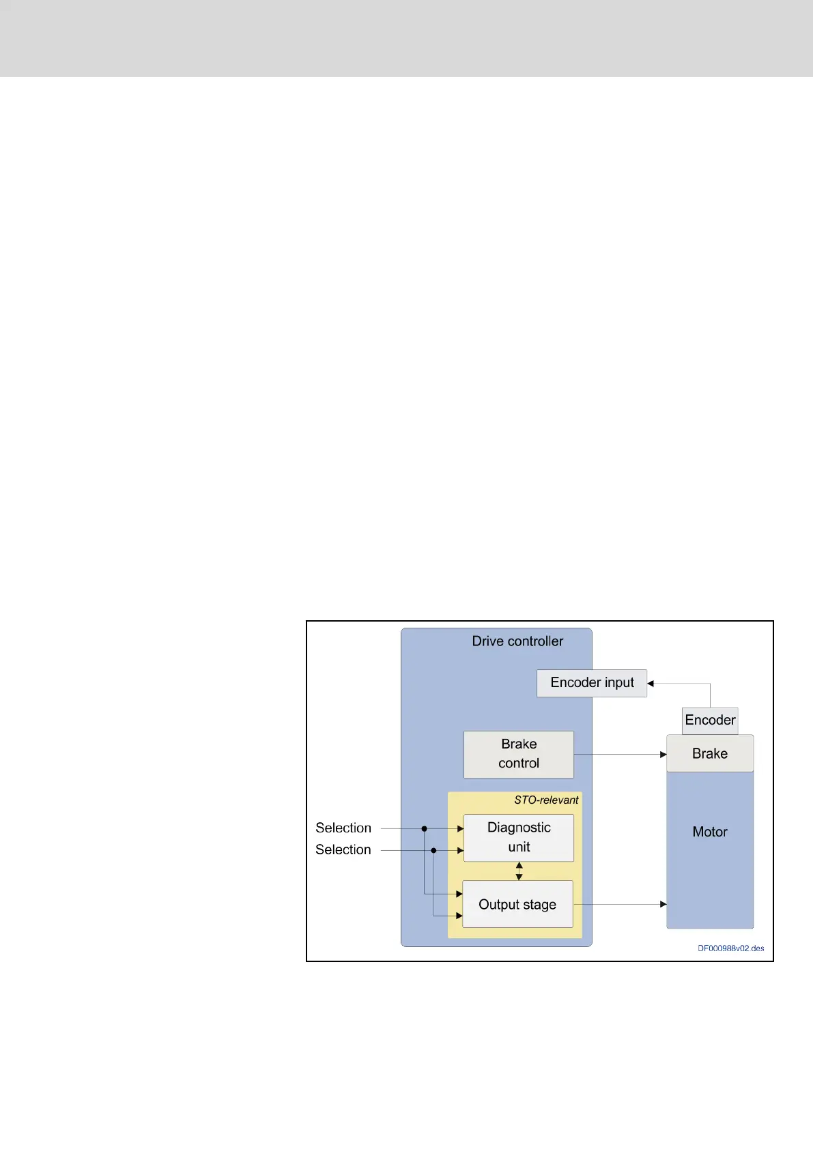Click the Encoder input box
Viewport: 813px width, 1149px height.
click(x=591, y=683)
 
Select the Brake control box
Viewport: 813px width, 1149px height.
click(x=518, y=754)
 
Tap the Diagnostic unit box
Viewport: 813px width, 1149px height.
click(x=518, y=837)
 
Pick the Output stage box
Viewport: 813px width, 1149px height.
click(x=517, y=904)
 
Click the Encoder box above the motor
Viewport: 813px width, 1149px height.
click(x=710, y=721)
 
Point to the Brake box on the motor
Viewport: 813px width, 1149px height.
click(x=710, y=753)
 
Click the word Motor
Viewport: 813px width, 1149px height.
click(x=710, y=832)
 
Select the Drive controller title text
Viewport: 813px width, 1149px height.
click(x=517, y=641)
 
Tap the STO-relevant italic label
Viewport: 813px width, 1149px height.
click(x=546, y=800)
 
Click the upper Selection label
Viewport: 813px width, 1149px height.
click(x=343, y=828)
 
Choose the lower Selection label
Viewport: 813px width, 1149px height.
click(x=343, y=849)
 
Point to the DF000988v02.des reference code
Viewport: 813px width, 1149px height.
click(x=730, y=948)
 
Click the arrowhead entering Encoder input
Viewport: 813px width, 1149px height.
click(x=651, y=683)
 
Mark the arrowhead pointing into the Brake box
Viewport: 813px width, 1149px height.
click(x=663, y=755)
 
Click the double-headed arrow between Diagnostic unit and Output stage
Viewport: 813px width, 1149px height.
click(x=519, y=871)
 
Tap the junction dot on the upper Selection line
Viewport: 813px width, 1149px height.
click(x=424, y=828)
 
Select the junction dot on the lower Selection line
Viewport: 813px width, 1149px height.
click(x=433, y=850)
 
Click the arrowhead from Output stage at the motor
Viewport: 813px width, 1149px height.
click(x=663, y=904)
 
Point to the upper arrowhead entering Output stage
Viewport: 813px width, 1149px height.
click(x=459, y=894)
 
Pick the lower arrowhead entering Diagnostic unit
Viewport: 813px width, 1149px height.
click(x=460, y=850)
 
